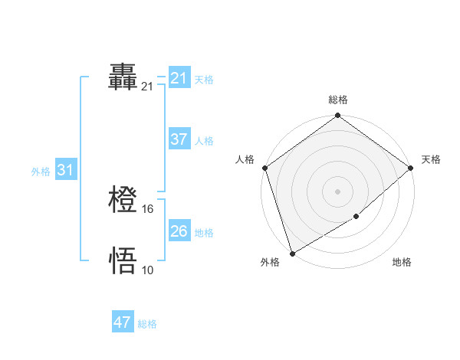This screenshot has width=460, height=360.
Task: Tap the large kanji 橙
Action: click(123, 201)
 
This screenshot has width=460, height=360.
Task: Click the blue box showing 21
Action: click(179, 78)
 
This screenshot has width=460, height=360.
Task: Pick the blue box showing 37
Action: click(179, 139)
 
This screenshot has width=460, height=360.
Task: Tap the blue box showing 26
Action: click(179, 231)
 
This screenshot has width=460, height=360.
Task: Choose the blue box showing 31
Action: click(65, 170)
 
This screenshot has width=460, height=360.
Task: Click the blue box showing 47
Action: click(123, 322)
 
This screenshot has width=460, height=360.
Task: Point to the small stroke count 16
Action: click(149, 209)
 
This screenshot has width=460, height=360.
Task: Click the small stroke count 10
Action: click(148, 270)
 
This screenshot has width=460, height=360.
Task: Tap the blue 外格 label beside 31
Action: click(41, 172)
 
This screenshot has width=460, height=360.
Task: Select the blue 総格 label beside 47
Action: click(147, 324)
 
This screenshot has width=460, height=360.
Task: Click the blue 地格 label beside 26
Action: click(204, 232)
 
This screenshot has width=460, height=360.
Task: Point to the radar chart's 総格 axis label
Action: click(338, 100)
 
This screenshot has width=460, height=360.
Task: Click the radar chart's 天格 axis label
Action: click(431, 159)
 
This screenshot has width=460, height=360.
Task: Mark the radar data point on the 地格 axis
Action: click(356, 217)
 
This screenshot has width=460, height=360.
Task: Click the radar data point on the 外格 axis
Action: click(292, 253)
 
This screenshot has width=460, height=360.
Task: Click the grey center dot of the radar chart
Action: click(338, 191)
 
